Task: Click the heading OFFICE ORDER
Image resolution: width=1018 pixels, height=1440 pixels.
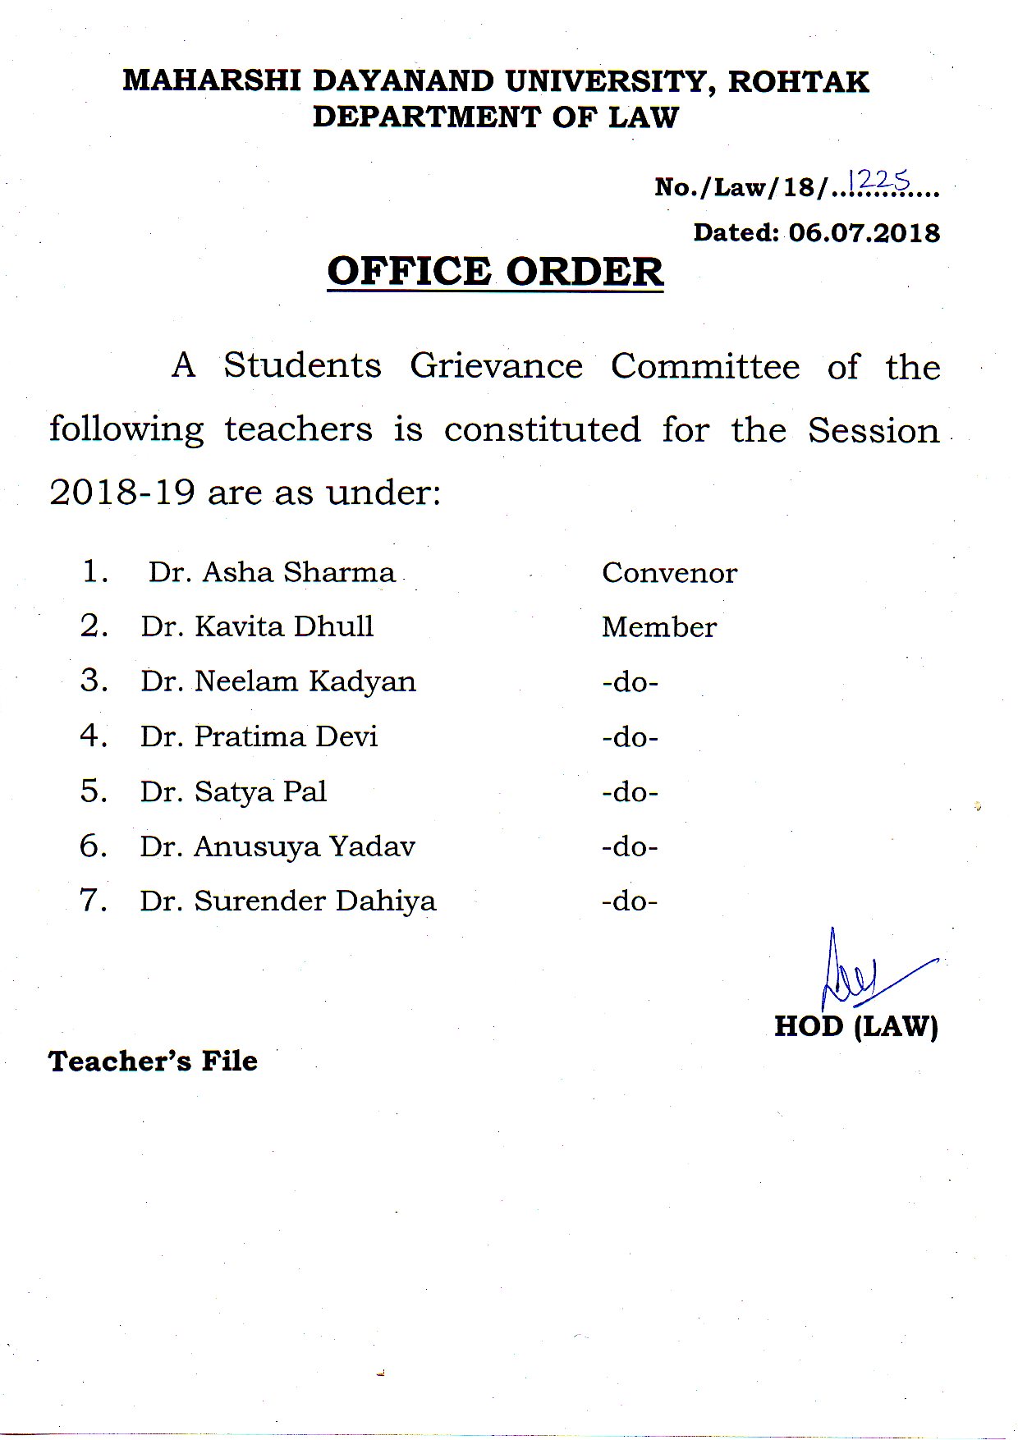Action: [495, 272]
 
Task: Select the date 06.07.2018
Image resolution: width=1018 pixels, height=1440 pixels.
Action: [864, 233]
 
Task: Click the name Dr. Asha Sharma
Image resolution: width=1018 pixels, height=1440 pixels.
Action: [272, 572]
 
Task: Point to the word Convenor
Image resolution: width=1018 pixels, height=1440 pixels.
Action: [669, 573]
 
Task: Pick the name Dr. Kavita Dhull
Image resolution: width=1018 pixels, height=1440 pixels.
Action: [257, 626]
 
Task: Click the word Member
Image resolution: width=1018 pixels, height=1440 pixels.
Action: [659, 627]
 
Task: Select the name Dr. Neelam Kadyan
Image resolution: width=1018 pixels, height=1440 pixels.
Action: [278, 681]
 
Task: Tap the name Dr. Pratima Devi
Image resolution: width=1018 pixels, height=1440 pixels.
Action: [259, 736]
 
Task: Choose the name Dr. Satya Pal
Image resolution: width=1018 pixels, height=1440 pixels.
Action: [233, 791]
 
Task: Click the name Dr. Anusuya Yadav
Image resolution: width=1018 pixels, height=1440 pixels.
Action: [277, 846]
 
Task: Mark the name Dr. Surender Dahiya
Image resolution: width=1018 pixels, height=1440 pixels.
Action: [287, 901]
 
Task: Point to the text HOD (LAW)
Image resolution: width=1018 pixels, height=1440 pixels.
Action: [855, 1026]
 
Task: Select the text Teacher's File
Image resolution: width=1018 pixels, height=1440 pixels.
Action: [153, 1061]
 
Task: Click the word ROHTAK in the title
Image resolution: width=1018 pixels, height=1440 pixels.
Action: [798, 81]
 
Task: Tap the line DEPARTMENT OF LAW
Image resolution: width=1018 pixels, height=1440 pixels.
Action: [495, 117]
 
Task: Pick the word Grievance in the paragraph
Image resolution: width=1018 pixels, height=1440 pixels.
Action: [496, 366]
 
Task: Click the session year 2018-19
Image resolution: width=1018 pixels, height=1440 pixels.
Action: [122, 493]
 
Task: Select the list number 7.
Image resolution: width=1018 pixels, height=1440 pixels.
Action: [93, 901]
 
